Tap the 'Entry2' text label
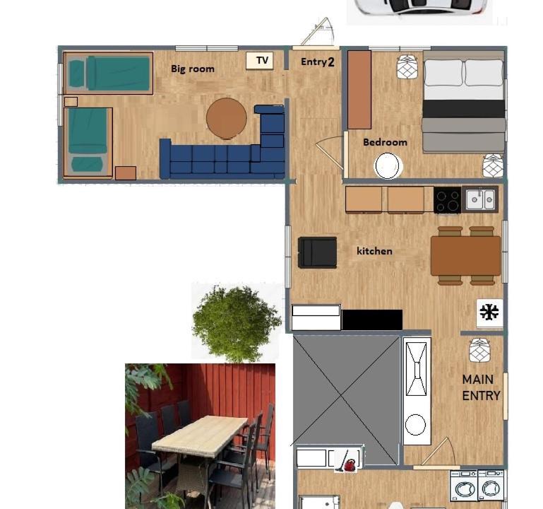point(318,62)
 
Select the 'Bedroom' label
point(385,142)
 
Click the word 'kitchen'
point(374,251)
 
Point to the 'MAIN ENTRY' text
point(481,387)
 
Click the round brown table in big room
point(227,118)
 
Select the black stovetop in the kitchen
point(448,200)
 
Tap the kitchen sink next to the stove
point(480,199)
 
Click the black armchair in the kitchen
point(317,252)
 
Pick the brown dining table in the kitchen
point(466,256)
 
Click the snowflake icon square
point(489,312)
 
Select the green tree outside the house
point(236,322)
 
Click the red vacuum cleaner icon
point(348,461)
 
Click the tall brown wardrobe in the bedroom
point(359,90)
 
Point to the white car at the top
point(419,8)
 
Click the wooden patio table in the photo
point(200,436)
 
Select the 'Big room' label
point(193,69)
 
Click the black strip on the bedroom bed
point(464,109)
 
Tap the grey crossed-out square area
point(346,400)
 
